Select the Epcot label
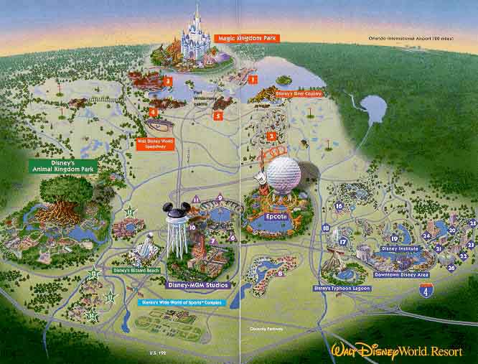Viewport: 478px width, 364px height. (276, 216)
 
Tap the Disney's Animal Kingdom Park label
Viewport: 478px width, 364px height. (63, 166)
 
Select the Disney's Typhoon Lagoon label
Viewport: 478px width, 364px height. (342, 287)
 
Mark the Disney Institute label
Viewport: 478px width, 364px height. (399, 248)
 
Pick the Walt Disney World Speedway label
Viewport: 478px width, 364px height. (156, 143)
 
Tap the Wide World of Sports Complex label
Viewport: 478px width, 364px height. (182, 302)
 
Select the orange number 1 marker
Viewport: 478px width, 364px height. (252, 79)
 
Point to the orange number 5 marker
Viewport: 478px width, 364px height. (217, 115)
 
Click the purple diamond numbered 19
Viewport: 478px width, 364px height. (394, 239)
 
